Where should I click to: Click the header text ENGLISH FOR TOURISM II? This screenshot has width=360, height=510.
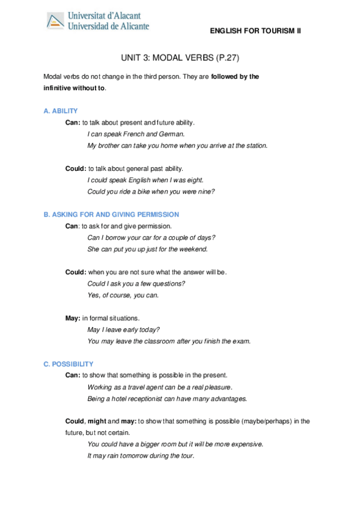coord(255,31)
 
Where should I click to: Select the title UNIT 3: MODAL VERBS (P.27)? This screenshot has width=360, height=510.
coord(180,58)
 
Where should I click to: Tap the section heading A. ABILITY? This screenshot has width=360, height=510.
coord(61,111)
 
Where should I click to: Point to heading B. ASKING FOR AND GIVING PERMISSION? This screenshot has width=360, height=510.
coord(111,214)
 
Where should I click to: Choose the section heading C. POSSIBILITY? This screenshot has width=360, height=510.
coord(69,364)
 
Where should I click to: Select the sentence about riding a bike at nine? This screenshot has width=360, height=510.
coord(151,191)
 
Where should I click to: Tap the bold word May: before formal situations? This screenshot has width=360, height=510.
coord(73,318)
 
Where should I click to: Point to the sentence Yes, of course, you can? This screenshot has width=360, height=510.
coord(123,295)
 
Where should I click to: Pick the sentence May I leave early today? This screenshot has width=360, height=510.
coord(124,330)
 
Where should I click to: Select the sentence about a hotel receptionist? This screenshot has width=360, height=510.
coord(167,399)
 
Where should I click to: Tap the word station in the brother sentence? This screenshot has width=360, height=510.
coord(255,146)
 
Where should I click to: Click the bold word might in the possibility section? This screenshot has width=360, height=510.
coord(97,421)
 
